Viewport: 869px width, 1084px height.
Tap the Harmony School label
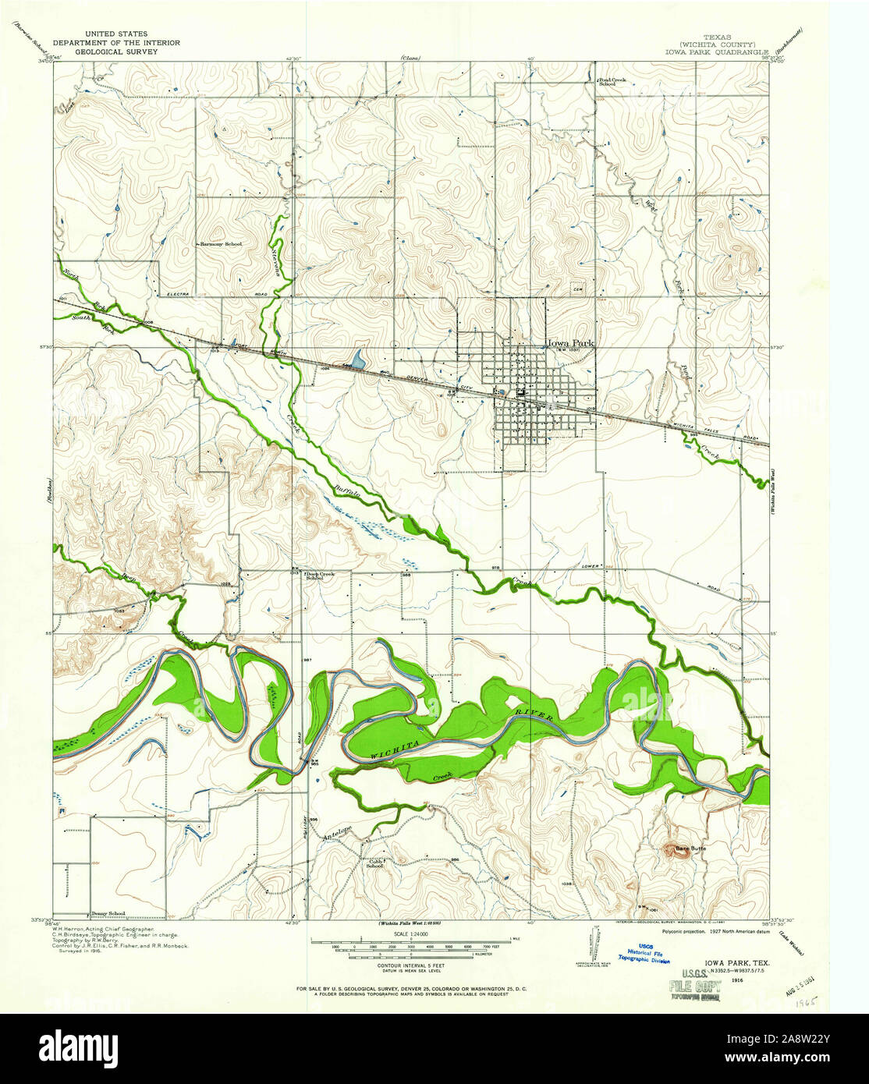point(221,244)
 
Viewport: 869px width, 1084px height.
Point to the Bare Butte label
point(690,848)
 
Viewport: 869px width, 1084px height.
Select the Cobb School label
point(375,863)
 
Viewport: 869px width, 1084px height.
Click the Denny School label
point(107,913)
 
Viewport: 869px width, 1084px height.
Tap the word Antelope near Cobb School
point(337,833)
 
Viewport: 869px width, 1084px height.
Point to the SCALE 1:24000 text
point(412,935)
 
